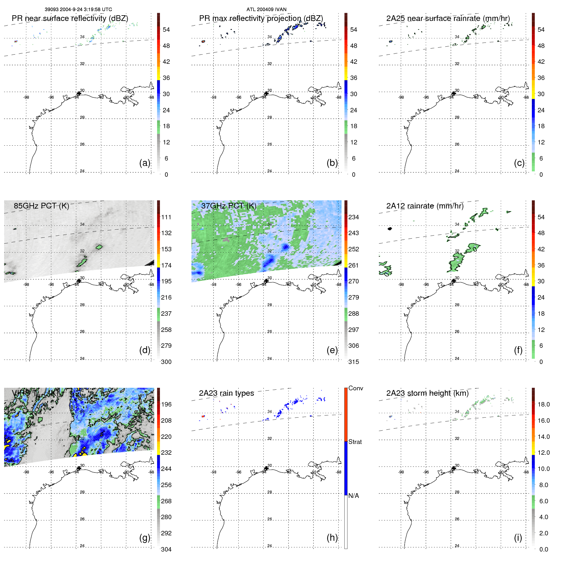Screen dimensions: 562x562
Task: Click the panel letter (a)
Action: coord(144,163)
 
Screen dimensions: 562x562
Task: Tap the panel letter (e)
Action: coord(332,350)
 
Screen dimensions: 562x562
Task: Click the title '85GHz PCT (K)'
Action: coord(41,206)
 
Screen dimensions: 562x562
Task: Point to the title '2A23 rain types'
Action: coord(226,393)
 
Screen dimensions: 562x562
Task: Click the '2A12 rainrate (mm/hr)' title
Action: coord(425,206)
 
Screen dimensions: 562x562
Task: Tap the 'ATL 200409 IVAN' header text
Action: coord(266,9)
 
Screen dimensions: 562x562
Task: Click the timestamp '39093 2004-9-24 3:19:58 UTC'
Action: coord(78,9)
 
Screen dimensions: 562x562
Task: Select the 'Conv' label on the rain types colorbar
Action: coord(355,388)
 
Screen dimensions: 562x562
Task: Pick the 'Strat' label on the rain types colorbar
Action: coord(355,442)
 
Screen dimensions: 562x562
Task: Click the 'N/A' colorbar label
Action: coord(354,496)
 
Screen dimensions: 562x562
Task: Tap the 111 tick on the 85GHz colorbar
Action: coord(166,217)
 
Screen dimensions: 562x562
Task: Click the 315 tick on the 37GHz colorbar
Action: coord(354,362)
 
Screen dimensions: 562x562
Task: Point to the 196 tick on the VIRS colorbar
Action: coord(166,404)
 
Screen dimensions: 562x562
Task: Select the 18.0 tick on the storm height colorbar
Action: coord(543,404)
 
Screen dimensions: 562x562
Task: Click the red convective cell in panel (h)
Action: coord(203,416)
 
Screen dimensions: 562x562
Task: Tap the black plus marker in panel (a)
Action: coord(79,94)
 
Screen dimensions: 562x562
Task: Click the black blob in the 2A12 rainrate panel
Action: coord(390,228)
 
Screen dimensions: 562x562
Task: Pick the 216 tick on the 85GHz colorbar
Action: coord(166,297)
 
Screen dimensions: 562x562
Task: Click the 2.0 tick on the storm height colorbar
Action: coord(543,533)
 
